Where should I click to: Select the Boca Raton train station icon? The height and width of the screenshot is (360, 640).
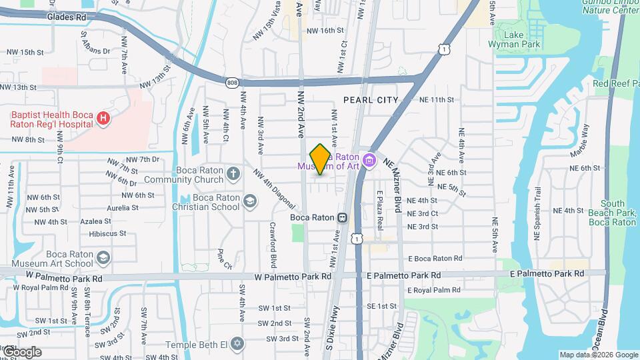pos(342,217)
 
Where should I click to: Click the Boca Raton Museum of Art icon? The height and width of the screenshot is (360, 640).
pos(371,161)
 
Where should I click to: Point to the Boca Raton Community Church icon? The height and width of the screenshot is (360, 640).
pos(233,174)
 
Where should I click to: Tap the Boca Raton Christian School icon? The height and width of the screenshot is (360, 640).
pos(250,201)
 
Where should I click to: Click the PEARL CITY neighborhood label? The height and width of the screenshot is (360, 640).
pos(371,100)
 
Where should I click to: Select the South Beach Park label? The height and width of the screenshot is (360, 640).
pos(612,213)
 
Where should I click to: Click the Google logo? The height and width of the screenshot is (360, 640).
pos(21,351)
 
